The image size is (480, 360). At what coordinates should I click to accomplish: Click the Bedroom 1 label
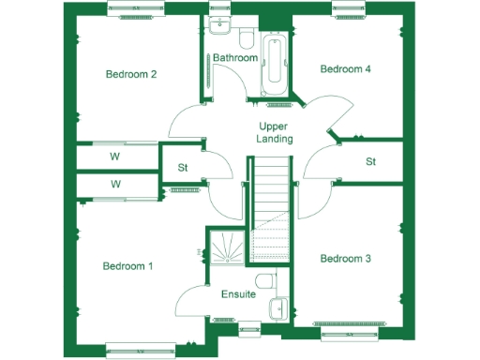point(127,266)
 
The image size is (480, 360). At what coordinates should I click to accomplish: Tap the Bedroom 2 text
point(130,74)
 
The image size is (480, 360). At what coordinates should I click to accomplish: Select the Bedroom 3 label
point(346,258)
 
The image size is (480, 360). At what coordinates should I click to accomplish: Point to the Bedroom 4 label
point(346,69)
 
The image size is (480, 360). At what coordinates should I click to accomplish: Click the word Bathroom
point(234,58)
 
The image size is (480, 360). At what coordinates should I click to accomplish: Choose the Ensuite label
point(238,294)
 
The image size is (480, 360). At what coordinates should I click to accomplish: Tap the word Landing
point(275,139)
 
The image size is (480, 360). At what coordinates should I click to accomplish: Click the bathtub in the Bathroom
point(276,62)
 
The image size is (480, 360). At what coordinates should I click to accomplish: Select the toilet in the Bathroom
point(245,38)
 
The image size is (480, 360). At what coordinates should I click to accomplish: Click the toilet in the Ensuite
point(266,280)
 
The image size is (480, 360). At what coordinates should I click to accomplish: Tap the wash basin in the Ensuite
point(278,307)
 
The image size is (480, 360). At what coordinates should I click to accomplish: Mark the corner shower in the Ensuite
point(224,249)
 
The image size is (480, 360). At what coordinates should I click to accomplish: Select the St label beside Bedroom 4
point(370,161)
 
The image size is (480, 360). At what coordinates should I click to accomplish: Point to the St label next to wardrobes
point(183,169)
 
